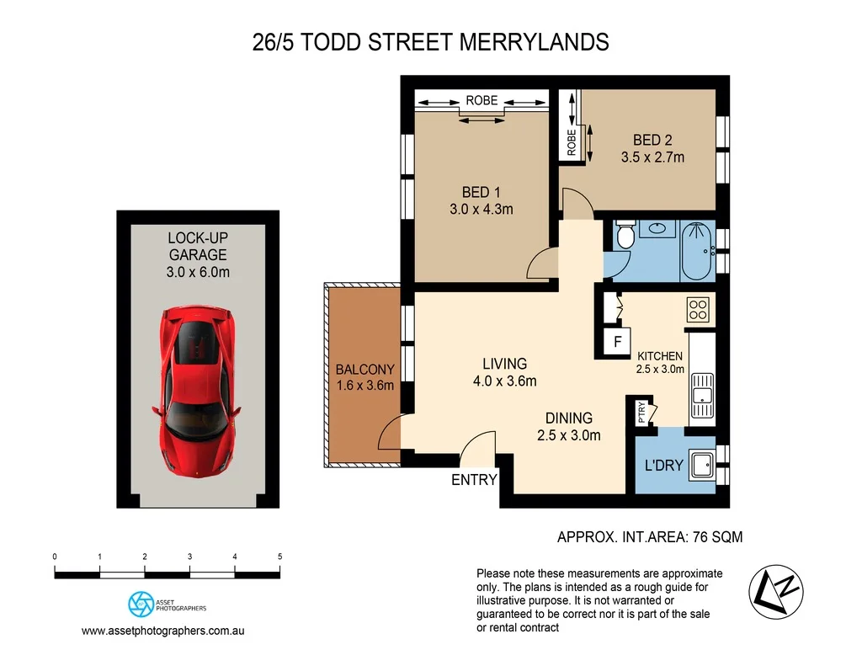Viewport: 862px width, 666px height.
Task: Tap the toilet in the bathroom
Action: click(x=625, y=236)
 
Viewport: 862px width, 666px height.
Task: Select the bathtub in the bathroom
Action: click(x=698, y=249)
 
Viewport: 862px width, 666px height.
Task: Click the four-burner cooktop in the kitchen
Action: click(x=699, y=311)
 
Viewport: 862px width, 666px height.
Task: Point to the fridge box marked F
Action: click(x=618, y=342)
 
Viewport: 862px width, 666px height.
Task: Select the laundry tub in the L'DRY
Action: click(x=700, y=464)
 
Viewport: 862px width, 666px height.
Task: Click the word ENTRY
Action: click(x=475, y=480)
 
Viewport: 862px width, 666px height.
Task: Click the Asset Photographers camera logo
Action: click(x=139, y=604)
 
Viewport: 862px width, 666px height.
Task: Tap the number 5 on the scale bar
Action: click(x=279, y=557)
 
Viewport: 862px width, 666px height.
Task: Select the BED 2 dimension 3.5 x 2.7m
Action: click(x=652, y=157)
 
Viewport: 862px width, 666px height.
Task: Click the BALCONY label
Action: click(x=364, y=370)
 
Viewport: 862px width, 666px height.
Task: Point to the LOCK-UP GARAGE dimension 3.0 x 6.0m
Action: click(x=198, y=271)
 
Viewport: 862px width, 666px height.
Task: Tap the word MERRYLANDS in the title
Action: click(x=534, y=42)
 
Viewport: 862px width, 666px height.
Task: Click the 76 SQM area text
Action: click(x=715, y=536)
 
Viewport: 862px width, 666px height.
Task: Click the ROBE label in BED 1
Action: click(x=482, y=101)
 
